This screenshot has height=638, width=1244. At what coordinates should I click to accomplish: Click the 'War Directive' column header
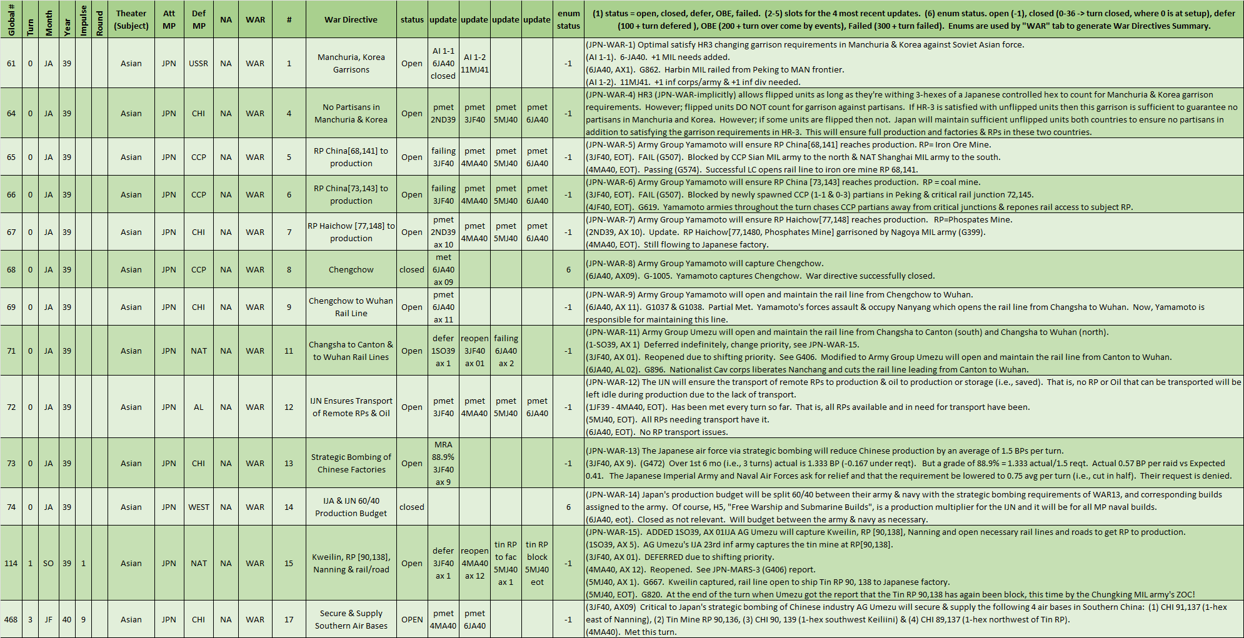click(351, 19)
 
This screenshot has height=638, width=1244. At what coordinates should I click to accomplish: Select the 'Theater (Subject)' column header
click(131, 19)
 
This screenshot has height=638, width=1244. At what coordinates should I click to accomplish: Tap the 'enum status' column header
click(568, 19)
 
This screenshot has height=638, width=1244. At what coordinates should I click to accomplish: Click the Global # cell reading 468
click(11, 619)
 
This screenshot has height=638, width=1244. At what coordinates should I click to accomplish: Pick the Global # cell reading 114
click(11, 563)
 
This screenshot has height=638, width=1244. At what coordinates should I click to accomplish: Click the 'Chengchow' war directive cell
click(351, 269)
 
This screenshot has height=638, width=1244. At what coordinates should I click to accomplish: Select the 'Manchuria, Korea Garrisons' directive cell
click(351, 63)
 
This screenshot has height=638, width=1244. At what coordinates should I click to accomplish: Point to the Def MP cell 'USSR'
click(199, 63)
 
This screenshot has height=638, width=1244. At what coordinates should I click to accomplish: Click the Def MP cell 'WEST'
click(199, 507)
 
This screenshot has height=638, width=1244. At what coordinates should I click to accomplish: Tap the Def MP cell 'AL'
click(199, 407)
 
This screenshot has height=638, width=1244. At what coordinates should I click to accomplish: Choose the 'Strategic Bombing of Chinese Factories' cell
click(351, 463)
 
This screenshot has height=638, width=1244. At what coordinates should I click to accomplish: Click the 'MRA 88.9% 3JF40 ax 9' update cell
click(443, 463)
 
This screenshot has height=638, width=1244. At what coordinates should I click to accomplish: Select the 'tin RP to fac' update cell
click(506, 563)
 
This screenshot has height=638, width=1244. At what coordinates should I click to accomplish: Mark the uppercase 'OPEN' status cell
click(412, 619)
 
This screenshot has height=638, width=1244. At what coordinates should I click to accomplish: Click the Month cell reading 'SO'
click(48, 563)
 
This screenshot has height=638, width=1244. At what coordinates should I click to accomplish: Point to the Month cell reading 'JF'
click(48, 619)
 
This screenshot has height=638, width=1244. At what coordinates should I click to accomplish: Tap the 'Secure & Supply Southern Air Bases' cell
click(351, 619)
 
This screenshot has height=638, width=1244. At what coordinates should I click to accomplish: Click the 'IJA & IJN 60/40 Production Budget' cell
click(351, 507)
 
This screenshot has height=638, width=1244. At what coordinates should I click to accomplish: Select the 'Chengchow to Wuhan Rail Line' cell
click(351, 307)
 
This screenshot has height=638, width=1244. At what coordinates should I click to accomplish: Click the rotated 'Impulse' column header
click(84, 19)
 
